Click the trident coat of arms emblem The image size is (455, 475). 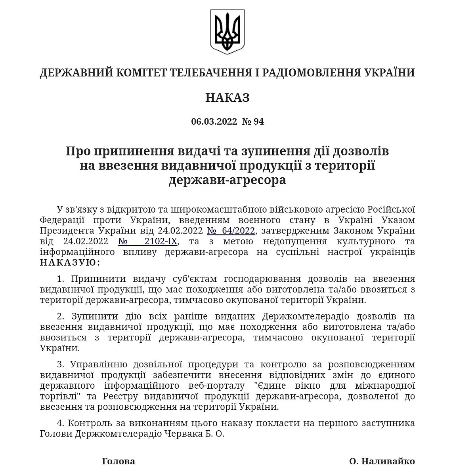coord(227,32)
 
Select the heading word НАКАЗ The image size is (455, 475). coord(227,97)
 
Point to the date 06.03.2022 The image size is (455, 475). coord(214,122)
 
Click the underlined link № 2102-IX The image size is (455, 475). coord(149,241)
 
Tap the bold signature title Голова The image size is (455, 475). coord(119,461)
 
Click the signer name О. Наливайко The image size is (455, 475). coord(382,461)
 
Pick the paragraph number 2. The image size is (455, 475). coord(61,316)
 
